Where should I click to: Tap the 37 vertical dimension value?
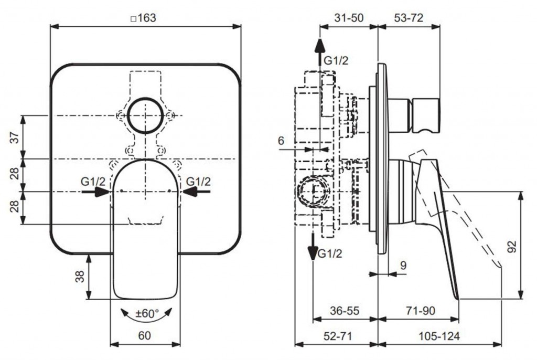15,137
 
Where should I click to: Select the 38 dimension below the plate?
80,276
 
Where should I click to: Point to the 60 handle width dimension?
145,335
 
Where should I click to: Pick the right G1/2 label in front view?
198,182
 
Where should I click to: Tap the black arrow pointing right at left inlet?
95,193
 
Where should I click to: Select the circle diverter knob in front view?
145,115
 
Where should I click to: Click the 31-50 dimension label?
349,17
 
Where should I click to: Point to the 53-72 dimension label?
409,17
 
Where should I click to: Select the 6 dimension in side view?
281,140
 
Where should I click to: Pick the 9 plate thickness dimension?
403,266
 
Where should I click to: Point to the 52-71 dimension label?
336,336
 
